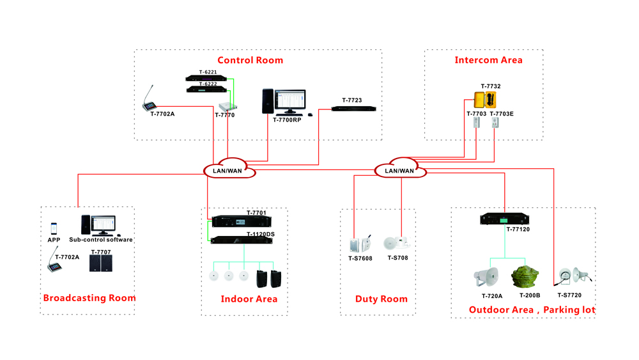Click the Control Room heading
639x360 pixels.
(x=250, y=61)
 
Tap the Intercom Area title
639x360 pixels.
(x=488, y=60)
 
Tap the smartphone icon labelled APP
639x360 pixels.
(x=54, y=228)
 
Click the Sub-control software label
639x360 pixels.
(x=101, y=240)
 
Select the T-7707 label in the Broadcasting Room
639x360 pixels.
(x=100, y=253)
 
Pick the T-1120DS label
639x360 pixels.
(x=260, y=234)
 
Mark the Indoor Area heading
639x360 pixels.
(x=249, y=299)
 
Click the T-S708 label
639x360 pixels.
(x=397, y=258)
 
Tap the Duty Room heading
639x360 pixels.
(x=381, y=299)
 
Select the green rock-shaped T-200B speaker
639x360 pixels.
(x=525, y=277)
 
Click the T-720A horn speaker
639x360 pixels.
(x=488, y=276)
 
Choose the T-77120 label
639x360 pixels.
(x=518, y=230)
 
